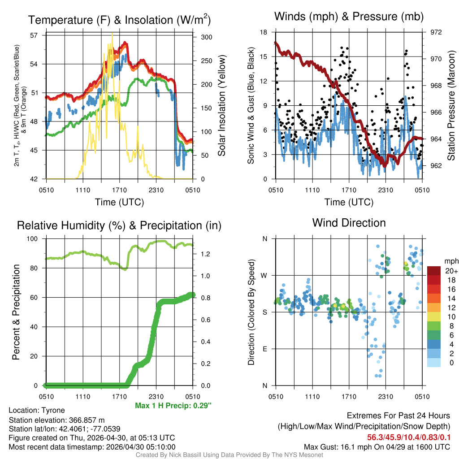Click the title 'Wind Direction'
pos(349,223)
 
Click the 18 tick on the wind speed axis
pos(264,32)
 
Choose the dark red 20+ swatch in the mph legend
pos(434,271)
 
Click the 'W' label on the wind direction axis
pos(264,276)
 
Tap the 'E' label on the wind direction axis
pos(264,349)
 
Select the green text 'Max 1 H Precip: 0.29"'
pos(173,406)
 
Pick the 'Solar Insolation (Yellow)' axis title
pos(221,105)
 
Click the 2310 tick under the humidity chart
pos(156,396)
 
